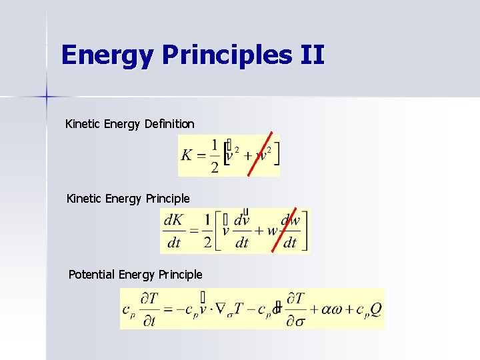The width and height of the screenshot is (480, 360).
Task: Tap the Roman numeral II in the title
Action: [312, 55]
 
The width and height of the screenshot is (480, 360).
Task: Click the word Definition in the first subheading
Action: [168, 124]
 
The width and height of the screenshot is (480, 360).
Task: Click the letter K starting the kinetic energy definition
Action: [187, 155]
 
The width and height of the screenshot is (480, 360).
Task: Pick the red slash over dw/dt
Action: [284, 230]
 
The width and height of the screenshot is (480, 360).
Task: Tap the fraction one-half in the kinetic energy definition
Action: [213, 155]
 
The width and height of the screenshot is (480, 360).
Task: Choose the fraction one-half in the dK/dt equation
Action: [207, 231]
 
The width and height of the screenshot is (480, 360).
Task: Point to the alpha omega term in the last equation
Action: [331, 308]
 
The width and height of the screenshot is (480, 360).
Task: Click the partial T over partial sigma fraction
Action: [295, 309]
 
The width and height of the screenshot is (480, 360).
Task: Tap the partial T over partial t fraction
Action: [150, 309]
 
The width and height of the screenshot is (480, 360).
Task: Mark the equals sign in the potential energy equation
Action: [169, 309]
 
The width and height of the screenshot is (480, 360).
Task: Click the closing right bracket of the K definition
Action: [276, 155]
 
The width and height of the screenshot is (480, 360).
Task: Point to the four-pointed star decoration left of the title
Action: [46, 96]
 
